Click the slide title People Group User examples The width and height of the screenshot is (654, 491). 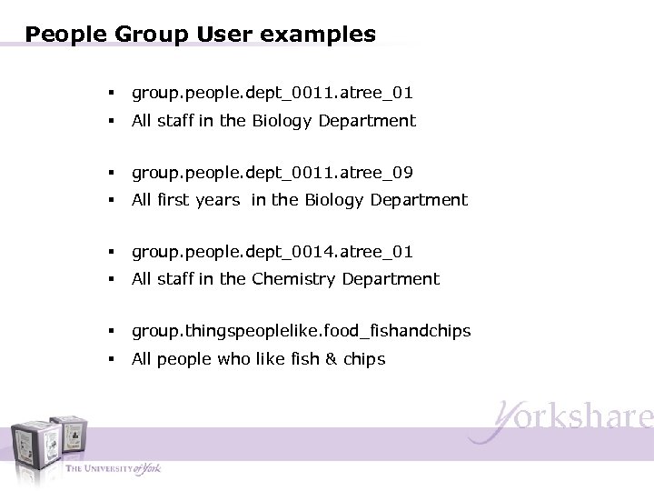click(201, 35)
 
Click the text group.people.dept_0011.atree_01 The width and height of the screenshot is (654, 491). click(272, 93)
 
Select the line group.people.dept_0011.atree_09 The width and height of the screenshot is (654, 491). click(272, 172)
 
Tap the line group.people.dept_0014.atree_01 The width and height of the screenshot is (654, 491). click(272, 251)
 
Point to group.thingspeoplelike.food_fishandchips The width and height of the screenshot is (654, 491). click(301, 331)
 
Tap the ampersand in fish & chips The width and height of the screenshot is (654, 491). click(332, 359)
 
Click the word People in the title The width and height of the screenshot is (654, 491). click(67, 35)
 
